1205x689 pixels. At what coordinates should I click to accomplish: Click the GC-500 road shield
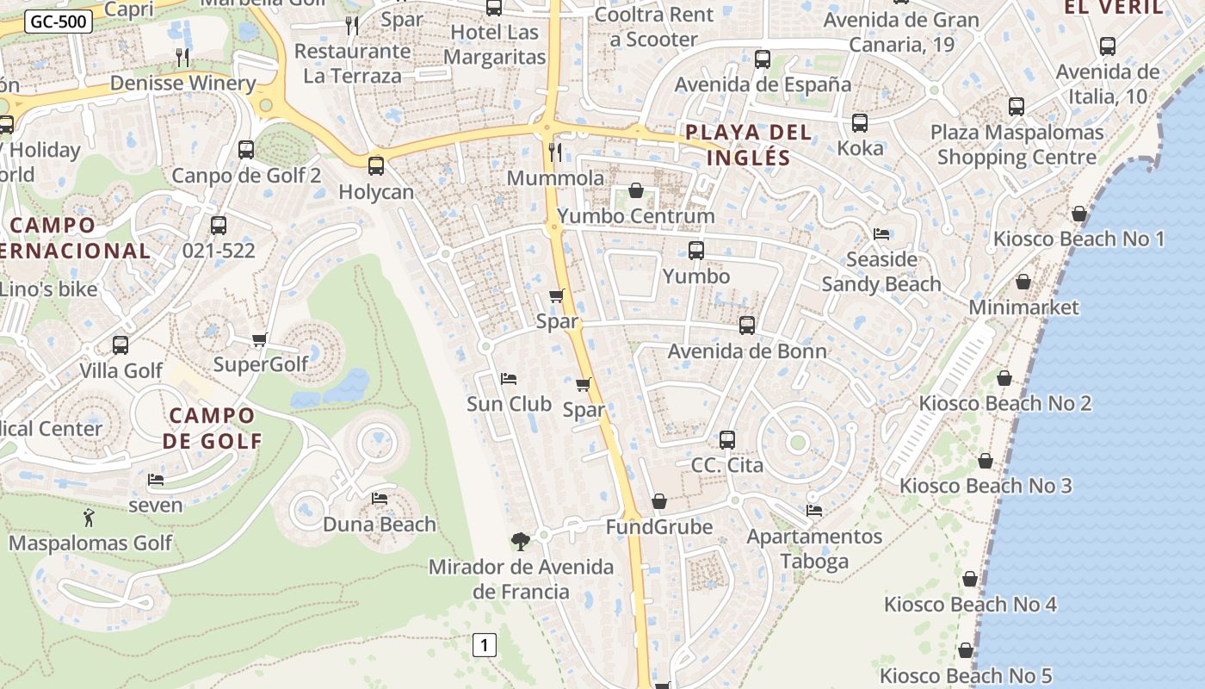(x=59, y=22)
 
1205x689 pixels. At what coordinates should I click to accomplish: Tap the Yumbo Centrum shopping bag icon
(x=636, y=190)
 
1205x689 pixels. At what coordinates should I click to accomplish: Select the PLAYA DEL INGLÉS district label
(x=747, y=145)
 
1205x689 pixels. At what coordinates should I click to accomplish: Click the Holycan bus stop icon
(x=376, y=166)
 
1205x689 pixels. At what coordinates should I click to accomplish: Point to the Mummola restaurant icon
(x=555, y=152)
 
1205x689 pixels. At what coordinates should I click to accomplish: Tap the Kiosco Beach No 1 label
(x=1078, y=239)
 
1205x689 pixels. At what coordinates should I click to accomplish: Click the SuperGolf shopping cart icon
(x=260, y=339)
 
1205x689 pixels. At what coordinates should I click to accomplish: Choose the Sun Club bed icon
(x=509, y=379)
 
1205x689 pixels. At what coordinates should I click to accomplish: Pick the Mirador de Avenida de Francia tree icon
(x=520, y=541)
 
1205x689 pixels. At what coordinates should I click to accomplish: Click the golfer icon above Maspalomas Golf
(x=89, y=518)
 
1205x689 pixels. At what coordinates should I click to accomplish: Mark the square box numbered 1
(x=485, y=644)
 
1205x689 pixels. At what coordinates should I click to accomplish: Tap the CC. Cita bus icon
(x=727, y=440)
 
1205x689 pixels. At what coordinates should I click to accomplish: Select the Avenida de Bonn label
(x=747, y=351)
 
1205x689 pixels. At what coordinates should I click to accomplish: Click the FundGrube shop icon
(x=659, y=501)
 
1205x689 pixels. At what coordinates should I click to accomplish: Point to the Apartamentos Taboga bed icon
(x=814, y=511)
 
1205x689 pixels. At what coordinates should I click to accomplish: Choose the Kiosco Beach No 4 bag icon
(x=970, y=579)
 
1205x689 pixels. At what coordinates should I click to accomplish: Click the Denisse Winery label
(x=183, y=84)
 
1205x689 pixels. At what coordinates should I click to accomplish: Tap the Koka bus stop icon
(x=860, y=123)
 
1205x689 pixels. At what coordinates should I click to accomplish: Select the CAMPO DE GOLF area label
(x=213, y=428)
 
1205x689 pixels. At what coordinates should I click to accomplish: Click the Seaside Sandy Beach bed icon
(x=881, y=234)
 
